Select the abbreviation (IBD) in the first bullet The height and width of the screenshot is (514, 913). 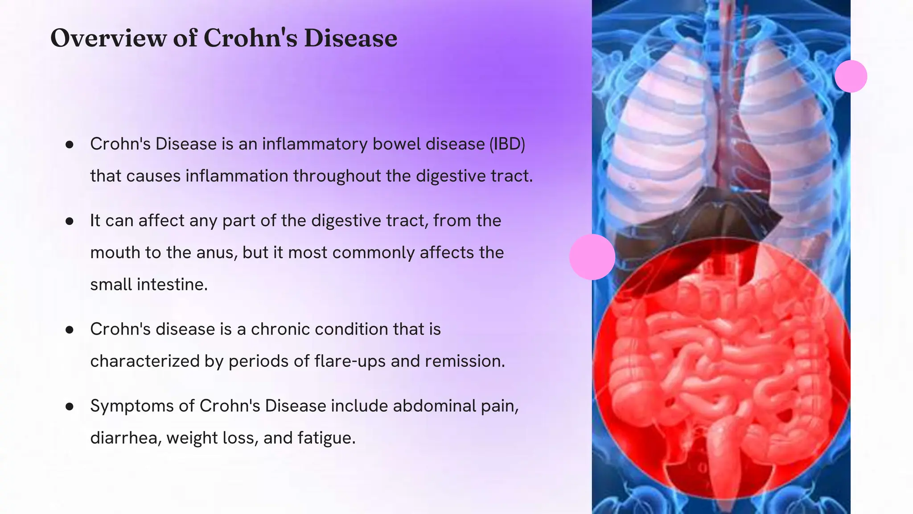(507, 144)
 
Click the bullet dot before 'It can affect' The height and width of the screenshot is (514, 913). (69, 221)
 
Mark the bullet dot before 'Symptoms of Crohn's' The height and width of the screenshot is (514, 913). (69, 406)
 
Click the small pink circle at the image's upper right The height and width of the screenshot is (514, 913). (851, 76)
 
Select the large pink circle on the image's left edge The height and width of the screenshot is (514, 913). (592, 257)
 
